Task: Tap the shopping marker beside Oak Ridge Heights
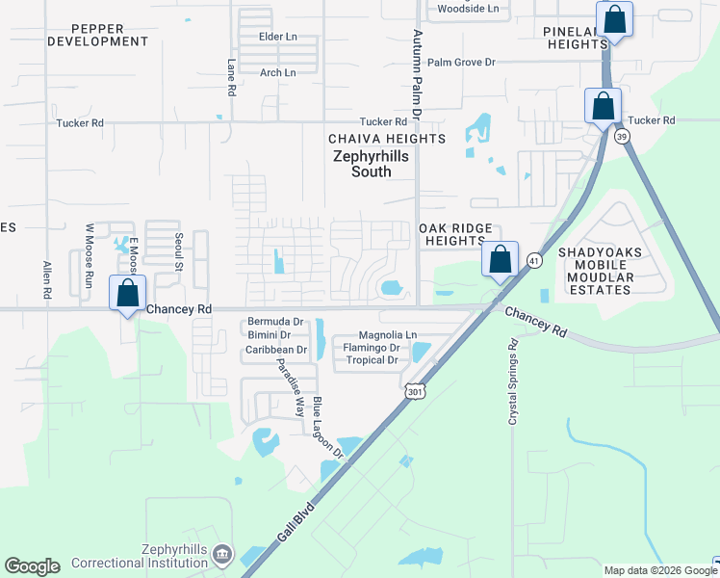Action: pos(500,259)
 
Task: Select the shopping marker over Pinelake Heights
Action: pos(614,19)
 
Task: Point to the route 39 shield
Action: pos(623,137)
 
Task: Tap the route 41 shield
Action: pos(534,260)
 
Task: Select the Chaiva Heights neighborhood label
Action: pos(387,139)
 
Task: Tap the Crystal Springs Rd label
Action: pos(513,381)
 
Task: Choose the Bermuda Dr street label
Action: pos(275,321)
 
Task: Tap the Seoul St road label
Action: pos(179,250)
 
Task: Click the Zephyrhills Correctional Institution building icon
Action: pos(222,554)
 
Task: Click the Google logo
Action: pos(32,566)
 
